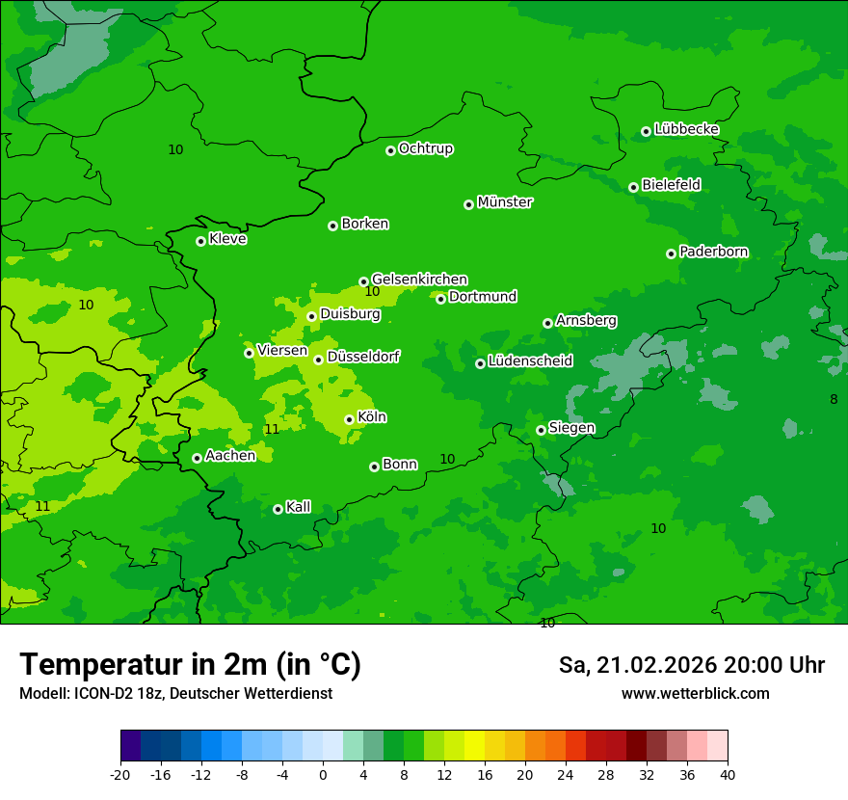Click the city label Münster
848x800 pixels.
pos(505,202)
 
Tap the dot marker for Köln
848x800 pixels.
pos(349,419)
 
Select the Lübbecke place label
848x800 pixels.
pos(686,129)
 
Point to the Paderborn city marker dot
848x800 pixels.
pos(671,253)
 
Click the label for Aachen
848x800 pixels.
pos(230,456)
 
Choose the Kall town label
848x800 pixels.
pos(299,507)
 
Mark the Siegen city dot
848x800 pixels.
pos(541,430)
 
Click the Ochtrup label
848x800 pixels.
pos(426,148)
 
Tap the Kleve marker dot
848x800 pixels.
pos(200,241)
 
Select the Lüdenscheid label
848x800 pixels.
pos(530,361)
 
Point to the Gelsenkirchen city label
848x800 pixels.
pos(419,280)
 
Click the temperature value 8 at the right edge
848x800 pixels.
pos(834,399)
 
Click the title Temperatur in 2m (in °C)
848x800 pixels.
pos(190,665)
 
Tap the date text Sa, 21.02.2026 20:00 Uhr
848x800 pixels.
pos(691,665)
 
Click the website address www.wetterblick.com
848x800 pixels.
pos(695,694)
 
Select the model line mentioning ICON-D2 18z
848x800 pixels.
pos(175,694)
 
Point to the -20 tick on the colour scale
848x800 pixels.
pos(120,775)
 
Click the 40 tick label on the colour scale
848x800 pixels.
pos(728,775)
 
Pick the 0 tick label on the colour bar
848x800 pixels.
pos(323,775)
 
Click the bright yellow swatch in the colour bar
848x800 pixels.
pos(474,746)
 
